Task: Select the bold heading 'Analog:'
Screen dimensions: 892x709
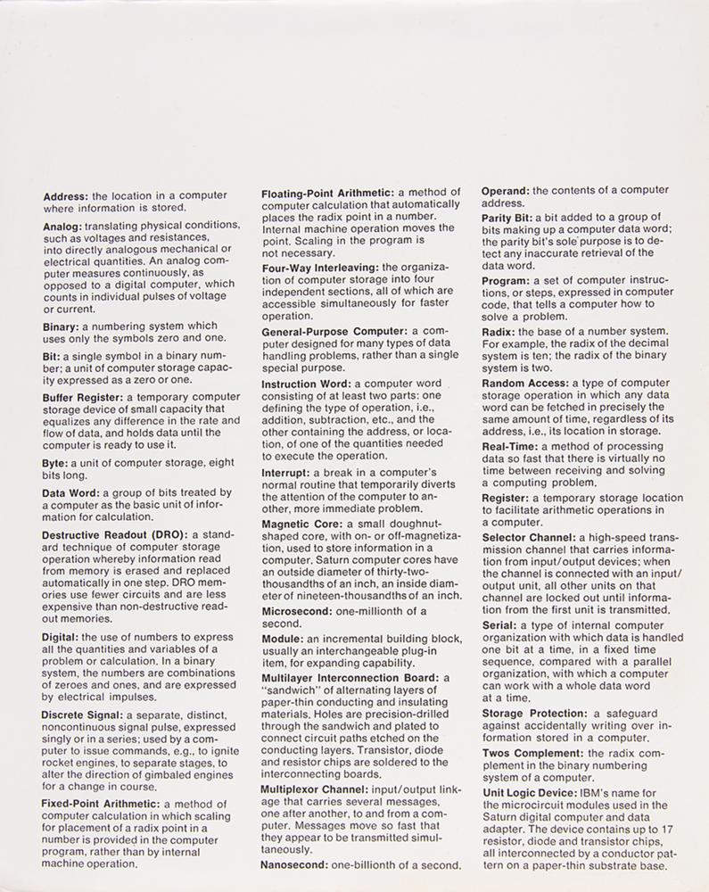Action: tap(64, 227)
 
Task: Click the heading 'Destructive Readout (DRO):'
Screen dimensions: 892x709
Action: tap(111, 534)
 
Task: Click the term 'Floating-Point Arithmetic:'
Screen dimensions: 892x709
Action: tap(327, 193)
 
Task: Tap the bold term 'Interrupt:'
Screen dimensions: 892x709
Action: tap(288, 471)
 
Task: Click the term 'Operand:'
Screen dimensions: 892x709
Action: tap(507, 189)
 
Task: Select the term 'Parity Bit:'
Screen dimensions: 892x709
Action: tap(507, 218)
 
